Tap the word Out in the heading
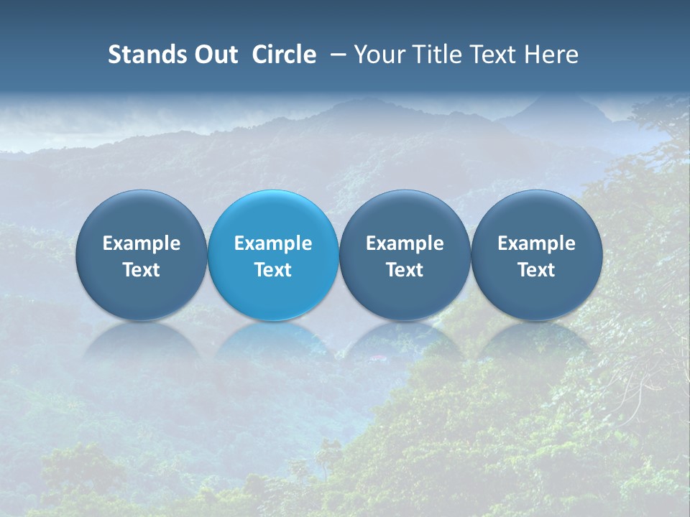(x=213, y=55)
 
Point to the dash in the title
(x=335, y=55)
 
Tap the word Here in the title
(x=553, y=55)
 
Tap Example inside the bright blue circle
(x=273, y=243)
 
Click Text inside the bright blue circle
(x=273, y=270)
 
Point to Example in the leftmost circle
(x=142, y=243)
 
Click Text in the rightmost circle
(x=537, y=270)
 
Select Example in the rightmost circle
(x=537, y=243)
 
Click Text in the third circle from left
(x=405, y=270)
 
